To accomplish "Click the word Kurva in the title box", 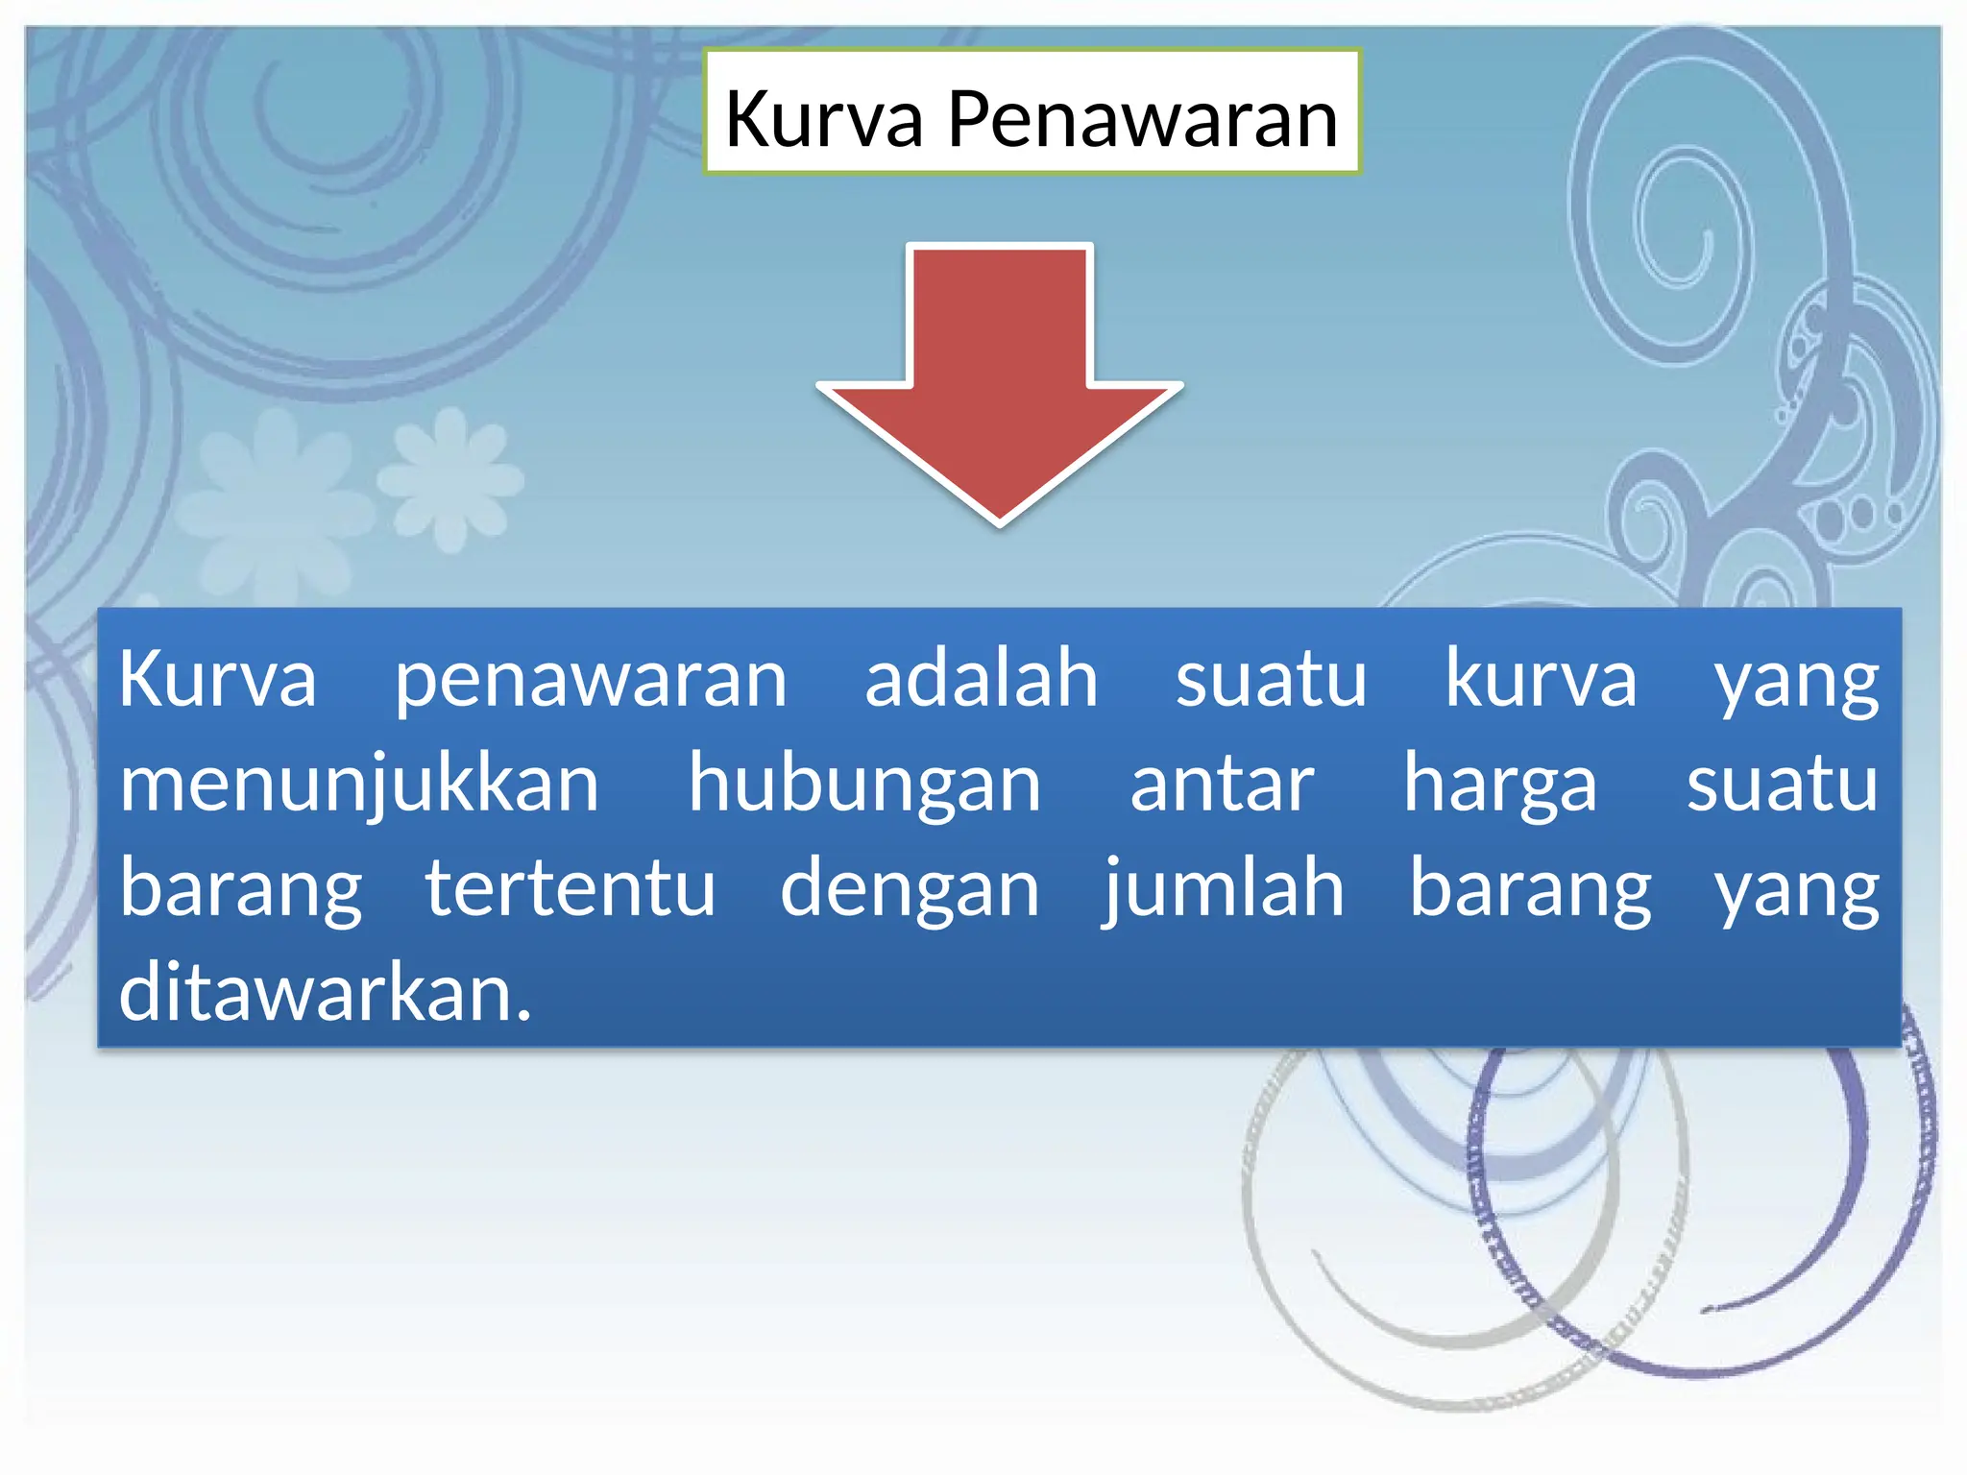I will pos(823,119).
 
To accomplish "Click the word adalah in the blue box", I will pos(981,679).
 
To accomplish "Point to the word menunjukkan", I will pos(359,786).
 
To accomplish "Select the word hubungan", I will pos(864,784).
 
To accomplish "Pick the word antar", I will pos(1221,786).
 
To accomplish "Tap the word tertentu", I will pos(571,888).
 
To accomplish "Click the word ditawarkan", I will pos(325,992).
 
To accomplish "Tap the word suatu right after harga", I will pos(1782,786).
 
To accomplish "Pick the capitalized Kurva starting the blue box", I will pos(217,679).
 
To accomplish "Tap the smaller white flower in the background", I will pos(449,477).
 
